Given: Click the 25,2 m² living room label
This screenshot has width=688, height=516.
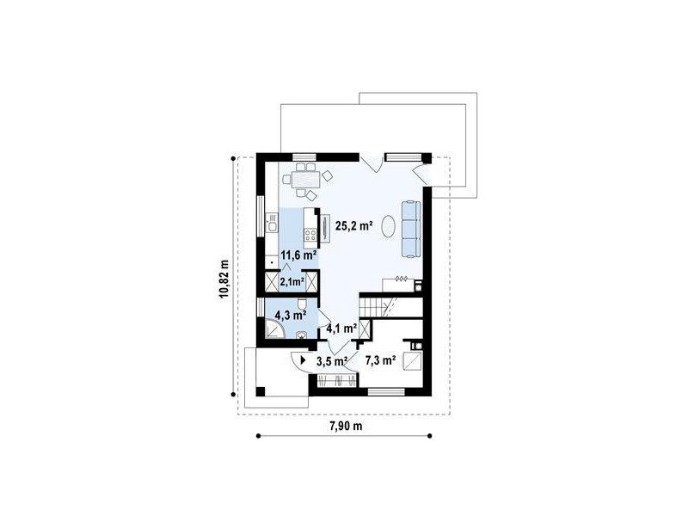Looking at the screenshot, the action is [x=353, y=226].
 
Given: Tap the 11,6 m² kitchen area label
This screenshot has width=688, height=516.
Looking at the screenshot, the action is [x=299, y=255].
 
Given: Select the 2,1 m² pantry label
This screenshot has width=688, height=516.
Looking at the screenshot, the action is [x=292, y=282].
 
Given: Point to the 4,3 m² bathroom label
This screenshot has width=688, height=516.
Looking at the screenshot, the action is [x=290, y=315].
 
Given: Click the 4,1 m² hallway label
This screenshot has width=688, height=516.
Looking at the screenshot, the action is [x=341, y=328].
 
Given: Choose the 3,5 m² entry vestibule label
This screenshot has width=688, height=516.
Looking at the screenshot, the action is [x=332, y=361].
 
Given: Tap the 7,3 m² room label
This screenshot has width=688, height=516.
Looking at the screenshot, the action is [x=381, y=360].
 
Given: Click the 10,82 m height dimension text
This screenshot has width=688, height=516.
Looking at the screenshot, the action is [x=224, y=279].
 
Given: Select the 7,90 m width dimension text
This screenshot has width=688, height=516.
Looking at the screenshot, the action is [x=346, y=426].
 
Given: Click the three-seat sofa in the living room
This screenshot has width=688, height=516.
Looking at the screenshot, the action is [x=411, y=229].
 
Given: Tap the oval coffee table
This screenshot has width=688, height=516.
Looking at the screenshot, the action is [x=389, y=227].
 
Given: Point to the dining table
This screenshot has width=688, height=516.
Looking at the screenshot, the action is [x=306, y=179].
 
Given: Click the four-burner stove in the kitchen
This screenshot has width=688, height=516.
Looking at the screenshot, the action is [x=311, y=235].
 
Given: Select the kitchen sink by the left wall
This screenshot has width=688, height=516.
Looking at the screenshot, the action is [x=272, y=223].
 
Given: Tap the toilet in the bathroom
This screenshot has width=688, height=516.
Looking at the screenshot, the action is [x=302, y=304].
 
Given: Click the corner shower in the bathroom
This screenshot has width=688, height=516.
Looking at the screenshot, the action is [x=273, y=329].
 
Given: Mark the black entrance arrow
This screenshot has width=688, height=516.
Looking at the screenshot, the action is [x=304, y=360].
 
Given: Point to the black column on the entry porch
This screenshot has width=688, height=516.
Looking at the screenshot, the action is [x=261, y=391].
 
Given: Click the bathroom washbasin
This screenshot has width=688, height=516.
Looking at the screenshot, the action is [x=302, y=335].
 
